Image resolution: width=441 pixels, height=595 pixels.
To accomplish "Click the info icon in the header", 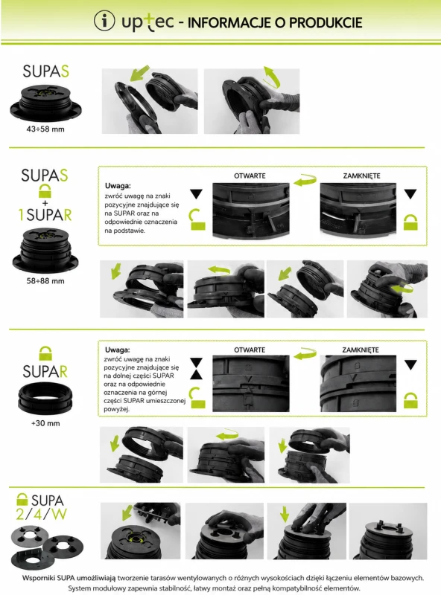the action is [x=104, y=21].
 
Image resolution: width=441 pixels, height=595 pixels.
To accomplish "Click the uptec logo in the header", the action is [x=147, y=22].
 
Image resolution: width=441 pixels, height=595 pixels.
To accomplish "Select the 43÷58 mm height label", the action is [x=45, y=129].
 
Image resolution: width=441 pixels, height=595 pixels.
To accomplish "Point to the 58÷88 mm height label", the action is [x=45, y=281].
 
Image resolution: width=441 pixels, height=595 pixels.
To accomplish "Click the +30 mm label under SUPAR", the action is [x=45, y=423].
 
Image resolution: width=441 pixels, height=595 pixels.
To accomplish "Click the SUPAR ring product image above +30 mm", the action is [x=45, y=398].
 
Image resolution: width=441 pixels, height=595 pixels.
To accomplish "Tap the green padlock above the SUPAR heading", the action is [x=45, y=353].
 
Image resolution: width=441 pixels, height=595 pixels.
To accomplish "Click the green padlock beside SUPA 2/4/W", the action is [x=22, y=499].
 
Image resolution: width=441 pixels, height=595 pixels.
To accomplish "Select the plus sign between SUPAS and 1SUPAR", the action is [x=45, y=203].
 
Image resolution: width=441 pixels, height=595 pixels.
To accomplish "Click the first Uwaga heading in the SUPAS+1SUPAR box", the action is [x=118, y=186].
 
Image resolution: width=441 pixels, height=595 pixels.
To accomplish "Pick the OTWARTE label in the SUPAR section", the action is [x=250, y=350].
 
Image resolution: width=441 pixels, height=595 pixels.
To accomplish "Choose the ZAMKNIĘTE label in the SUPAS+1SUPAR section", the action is [x=361, y=176].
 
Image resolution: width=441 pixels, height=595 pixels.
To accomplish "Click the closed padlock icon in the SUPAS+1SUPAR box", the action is [x=410, y=222].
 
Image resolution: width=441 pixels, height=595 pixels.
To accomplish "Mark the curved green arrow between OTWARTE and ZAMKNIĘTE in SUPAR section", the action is [x=305, y=354].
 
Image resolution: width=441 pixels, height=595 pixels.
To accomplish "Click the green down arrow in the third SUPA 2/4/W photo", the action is [x=284, y=515].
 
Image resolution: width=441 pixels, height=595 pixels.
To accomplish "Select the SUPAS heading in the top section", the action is [x=45, y=71].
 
